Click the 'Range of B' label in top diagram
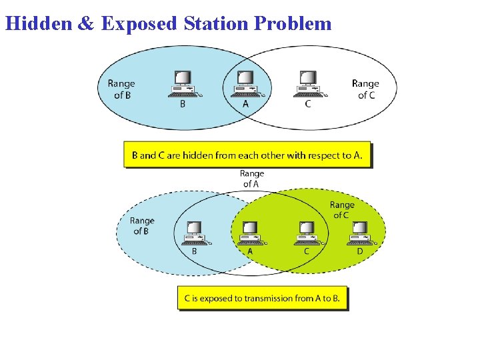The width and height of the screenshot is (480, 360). click(121, 89)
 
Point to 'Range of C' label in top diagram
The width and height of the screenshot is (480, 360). click(365, 89)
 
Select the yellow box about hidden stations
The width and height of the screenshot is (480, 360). click(247, 155)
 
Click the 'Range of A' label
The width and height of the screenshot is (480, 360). click(251, 179)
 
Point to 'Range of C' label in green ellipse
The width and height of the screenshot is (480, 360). click(342, 210)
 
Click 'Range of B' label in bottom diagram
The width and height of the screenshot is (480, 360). click(141, 225)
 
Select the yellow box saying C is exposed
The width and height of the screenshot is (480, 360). click(262, 298)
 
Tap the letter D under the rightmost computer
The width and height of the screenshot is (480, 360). click(360, 251)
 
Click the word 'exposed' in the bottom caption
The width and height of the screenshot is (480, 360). click(216, 298)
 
